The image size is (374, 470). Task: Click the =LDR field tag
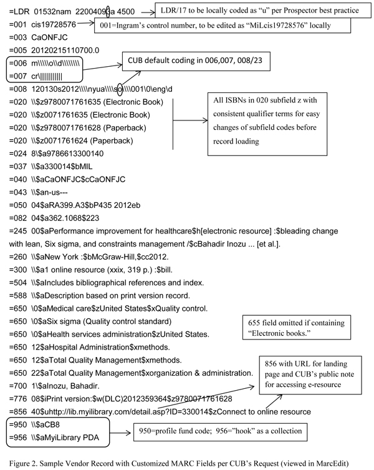(x=19, y=12)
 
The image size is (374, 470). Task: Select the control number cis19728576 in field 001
(x=54, y=24)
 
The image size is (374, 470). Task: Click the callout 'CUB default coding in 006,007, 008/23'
(x=196, y=61)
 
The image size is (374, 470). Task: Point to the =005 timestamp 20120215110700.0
(x=65, y=50)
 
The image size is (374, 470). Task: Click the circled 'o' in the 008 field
(x=120, y=89)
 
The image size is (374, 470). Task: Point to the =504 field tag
(x=18, y=283)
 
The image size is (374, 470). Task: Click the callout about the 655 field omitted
(x=297, y=327)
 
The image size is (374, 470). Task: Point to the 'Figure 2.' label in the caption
(x=23, y=463)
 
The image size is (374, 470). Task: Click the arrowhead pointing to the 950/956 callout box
(x=129, y=433)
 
